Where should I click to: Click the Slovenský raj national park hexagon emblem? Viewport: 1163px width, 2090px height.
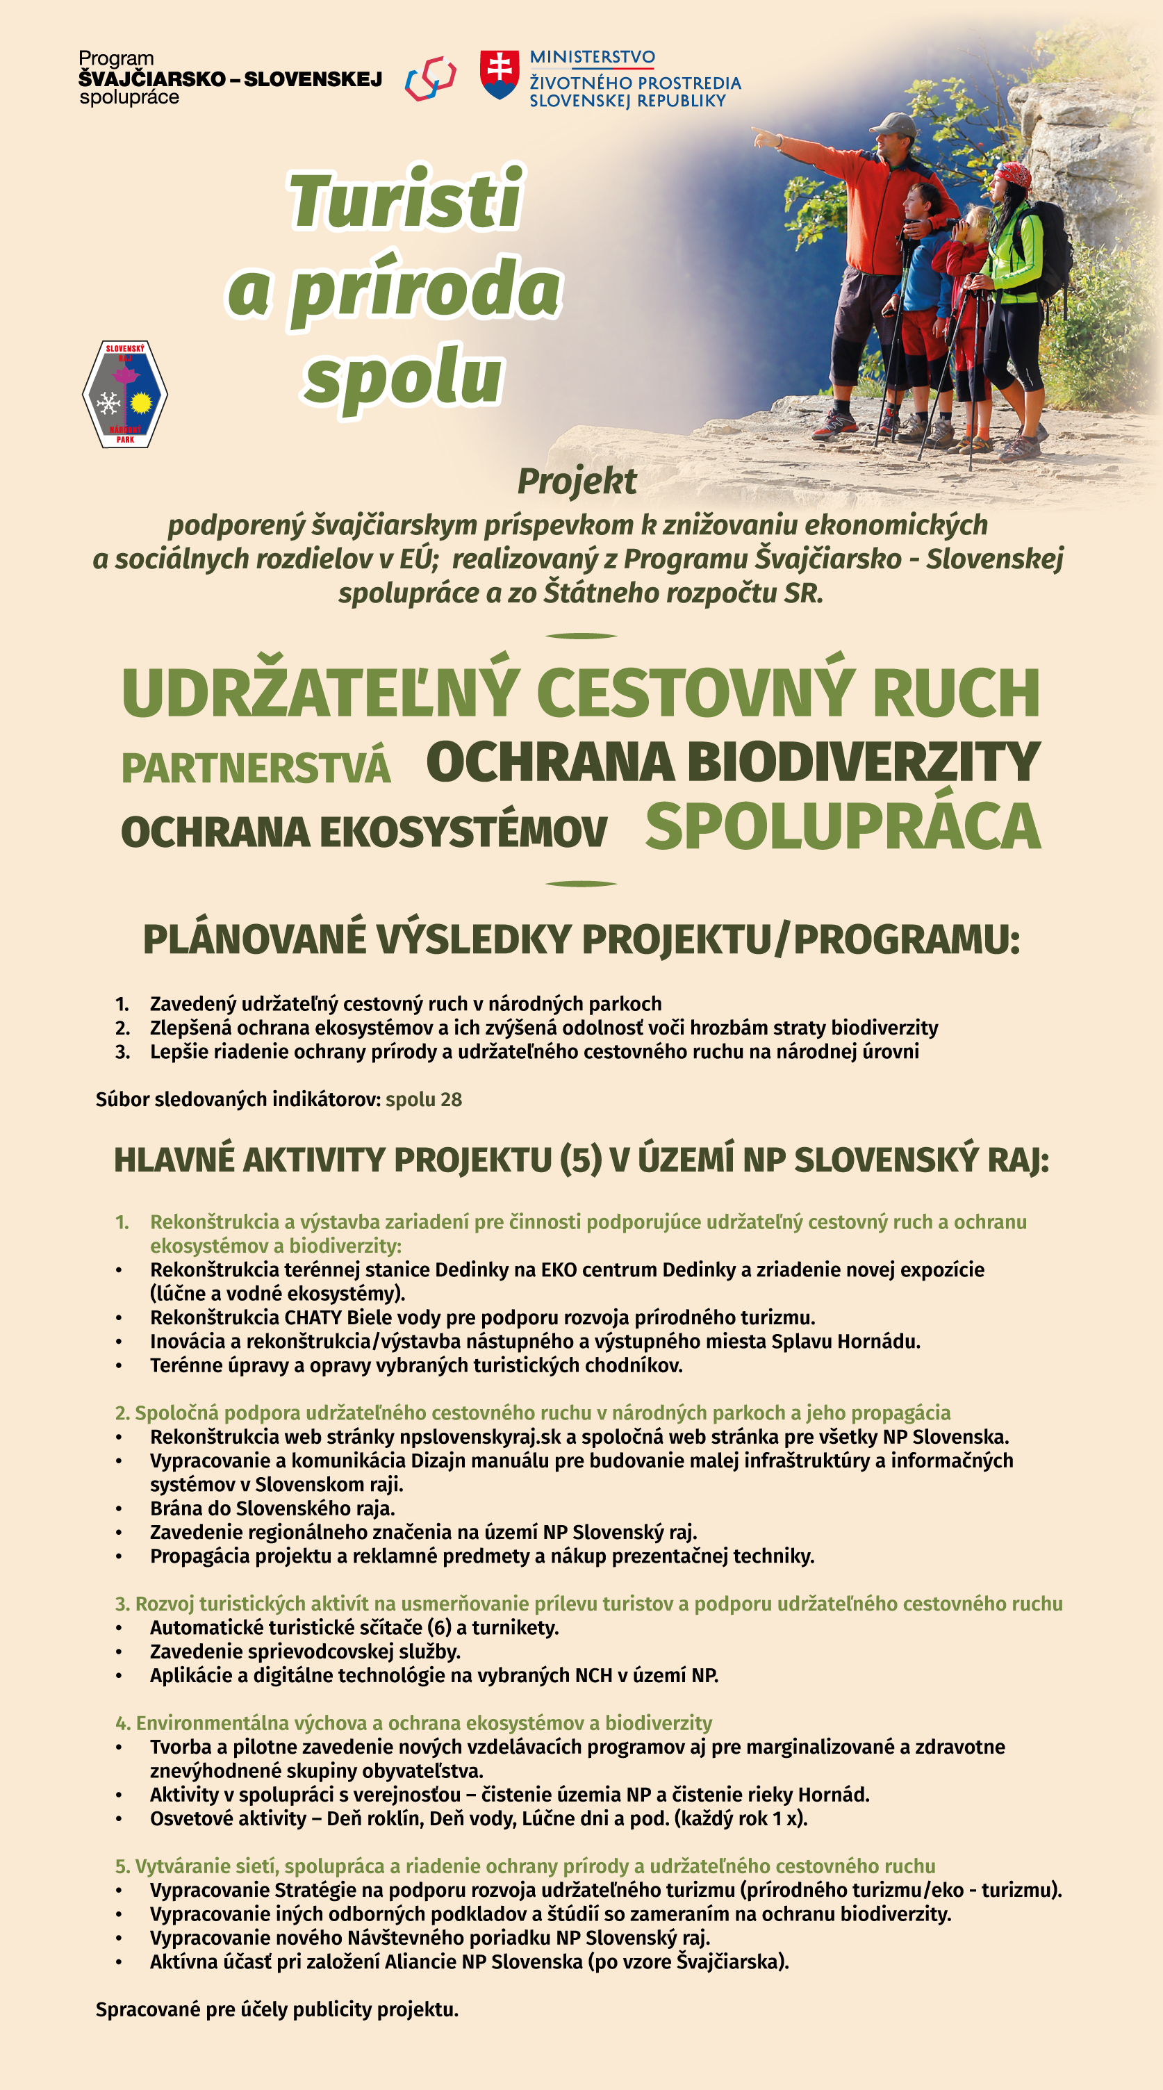pyautogui.click(x=125, y=395)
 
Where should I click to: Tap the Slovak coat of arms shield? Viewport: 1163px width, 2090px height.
pyautogui.click(x=499, y=74)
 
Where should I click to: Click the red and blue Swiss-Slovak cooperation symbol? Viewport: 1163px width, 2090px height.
pyautogui.click(x=431, y=78)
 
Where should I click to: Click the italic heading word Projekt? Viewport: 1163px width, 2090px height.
pyautogui.click(x=577, y=481)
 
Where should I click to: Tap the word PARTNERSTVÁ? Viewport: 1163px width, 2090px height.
pyautogui.click(x=256, y=768)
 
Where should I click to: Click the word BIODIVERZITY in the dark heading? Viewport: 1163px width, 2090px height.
pyautogui.click(x=863, y=763)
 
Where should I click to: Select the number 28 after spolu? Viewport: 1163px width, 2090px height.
pyautogui.click(x=451, y=1099)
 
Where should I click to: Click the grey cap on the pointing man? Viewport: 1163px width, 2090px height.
pyautogui.click(x=892, y=124)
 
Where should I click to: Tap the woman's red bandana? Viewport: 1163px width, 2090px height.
pyautogui.click(x=1013, y=174)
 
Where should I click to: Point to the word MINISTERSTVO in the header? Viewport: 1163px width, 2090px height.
pyautogui.click(x=592, y=57)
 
